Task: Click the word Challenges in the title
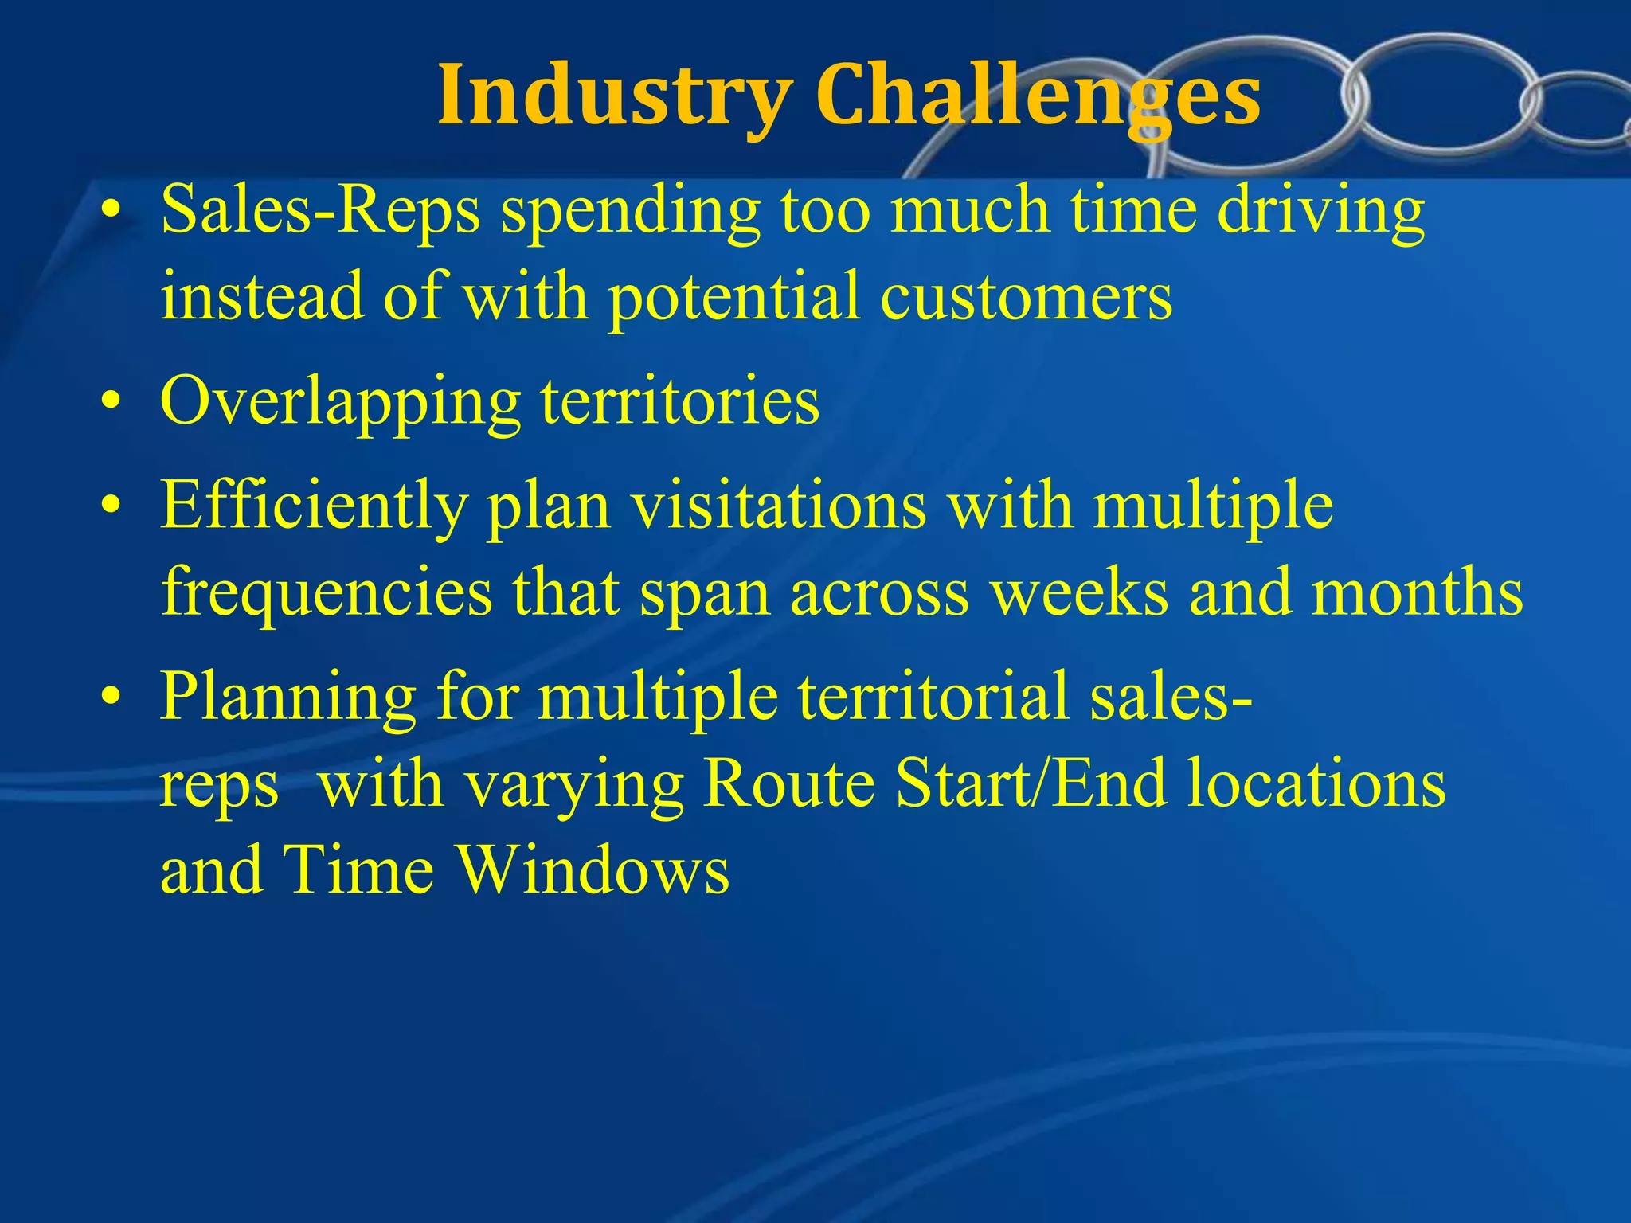[x=1038, y=96]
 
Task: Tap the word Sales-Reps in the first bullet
[x=320, y=210]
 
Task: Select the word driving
[x=1321, y=210]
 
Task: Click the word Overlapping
[x=340, y=401]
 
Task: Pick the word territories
[x=680, y=401]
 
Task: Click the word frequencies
[x=327, y=592]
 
